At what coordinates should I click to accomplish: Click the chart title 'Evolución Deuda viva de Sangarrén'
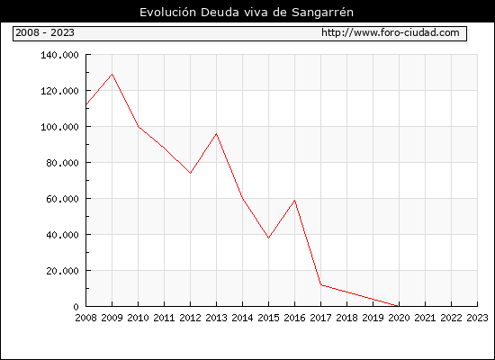point(247,13)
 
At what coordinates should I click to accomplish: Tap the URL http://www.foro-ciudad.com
point(391,32)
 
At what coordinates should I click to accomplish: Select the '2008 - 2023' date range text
point(45,32)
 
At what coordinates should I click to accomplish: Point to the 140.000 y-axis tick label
point(59,55)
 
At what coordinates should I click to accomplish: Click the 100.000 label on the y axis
point(59,127)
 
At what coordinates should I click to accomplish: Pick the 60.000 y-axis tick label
point(62,199)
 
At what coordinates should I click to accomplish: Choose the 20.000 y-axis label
point(62,271)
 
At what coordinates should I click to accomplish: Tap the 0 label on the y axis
point(76,307)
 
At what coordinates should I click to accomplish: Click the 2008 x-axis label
point(85,318)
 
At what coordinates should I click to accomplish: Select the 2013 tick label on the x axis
point(216,318)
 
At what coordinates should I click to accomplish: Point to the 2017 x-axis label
point(320,318)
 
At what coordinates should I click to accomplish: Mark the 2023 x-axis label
point(477,318)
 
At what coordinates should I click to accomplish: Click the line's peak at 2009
point(112,74)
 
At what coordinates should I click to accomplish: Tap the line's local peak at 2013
point(216,134)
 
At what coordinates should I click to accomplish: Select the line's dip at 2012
point(191,173)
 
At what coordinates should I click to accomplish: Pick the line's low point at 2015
point(269,238)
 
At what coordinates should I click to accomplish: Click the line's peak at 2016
point(294,200)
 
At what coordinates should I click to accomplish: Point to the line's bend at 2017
point(320,284)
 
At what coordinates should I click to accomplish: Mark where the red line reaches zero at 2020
point(399,306)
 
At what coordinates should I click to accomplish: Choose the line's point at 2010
point(139,126)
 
